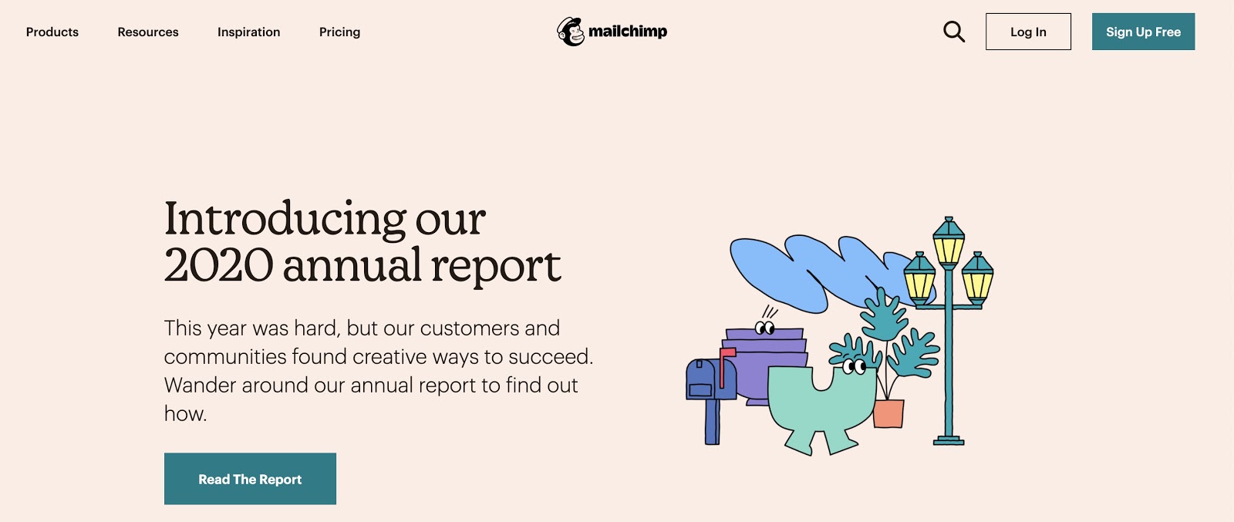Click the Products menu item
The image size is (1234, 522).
click(52, 32)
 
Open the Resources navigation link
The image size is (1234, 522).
click(147, 32)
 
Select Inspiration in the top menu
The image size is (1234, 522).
click(248, 32)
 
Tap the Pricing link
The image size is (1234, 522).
click(339, 32)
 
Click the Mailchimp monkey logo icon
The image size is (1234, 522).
click(570, 32)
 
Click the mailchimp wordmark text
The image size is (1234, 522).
click(628, 32)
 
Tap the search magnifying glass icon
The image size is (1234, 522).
click(953, 32)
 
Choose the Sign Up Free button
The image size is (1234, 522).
click(1143, 32)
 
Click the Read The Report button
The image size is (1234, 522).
click(250, 479)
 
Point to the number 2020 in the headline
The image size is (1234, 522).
click(218, 264)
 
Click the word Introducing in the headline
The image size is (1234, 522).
click(285, 219)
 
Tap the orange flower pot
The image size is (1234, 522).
click(888, 413)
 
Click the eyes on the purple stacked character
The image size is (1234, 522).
click(764, 328)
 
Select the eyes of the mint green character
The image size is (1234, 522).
click(854, 366)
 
